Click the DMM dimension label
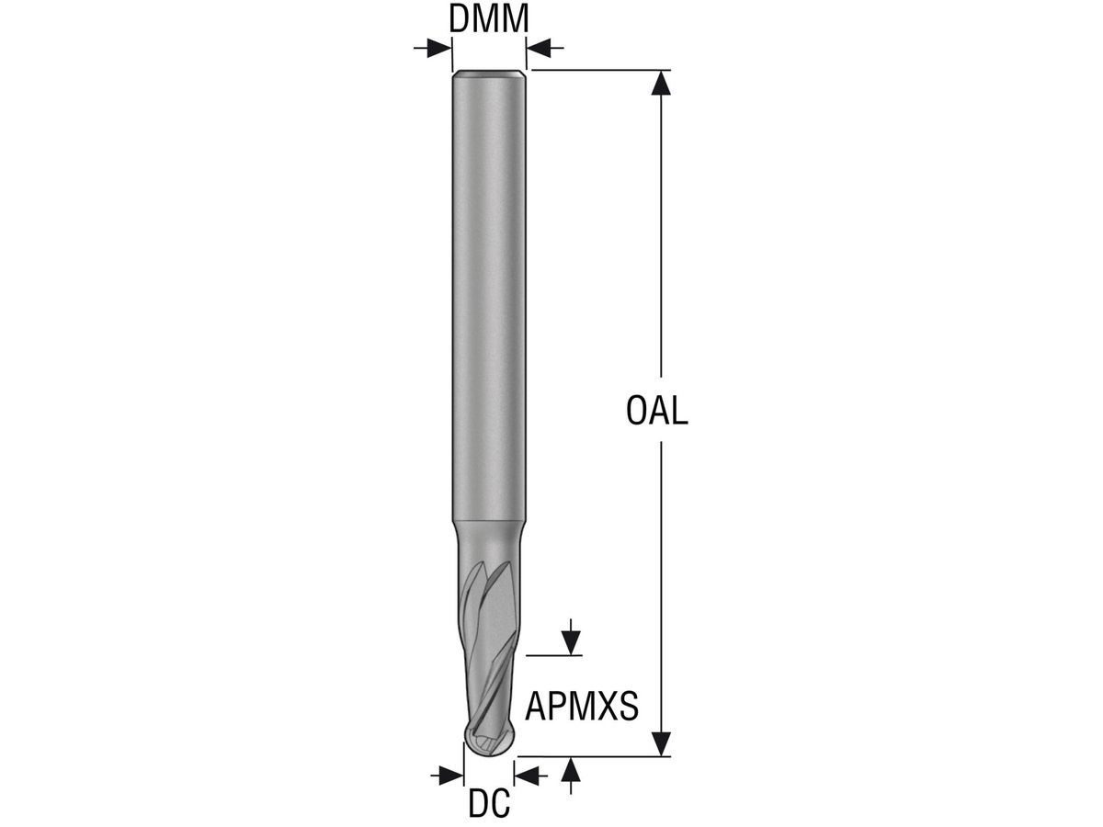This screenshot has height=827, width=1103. click(x=488, y=18)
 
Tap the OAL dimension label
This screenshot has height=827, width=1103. click(x=656, y=411)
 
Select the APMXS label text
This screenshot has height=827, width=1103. click(x=582, y=706)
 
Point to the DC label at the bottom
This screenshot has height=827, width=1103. click(x=489, y=803)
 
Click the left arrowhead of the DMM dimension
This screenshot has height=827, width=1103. click(x=439, y=48)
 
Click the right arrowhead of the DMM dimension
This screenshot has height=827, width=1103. click(x=539, y=48)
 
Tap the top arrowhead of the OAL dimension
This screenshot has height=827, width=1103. click(x=661, y=83)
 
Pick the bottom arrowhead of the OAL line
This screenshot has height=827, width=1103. click(x=661, y=743)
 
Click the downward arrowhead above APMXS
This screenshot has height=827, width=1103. click(x=571, y=643)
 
